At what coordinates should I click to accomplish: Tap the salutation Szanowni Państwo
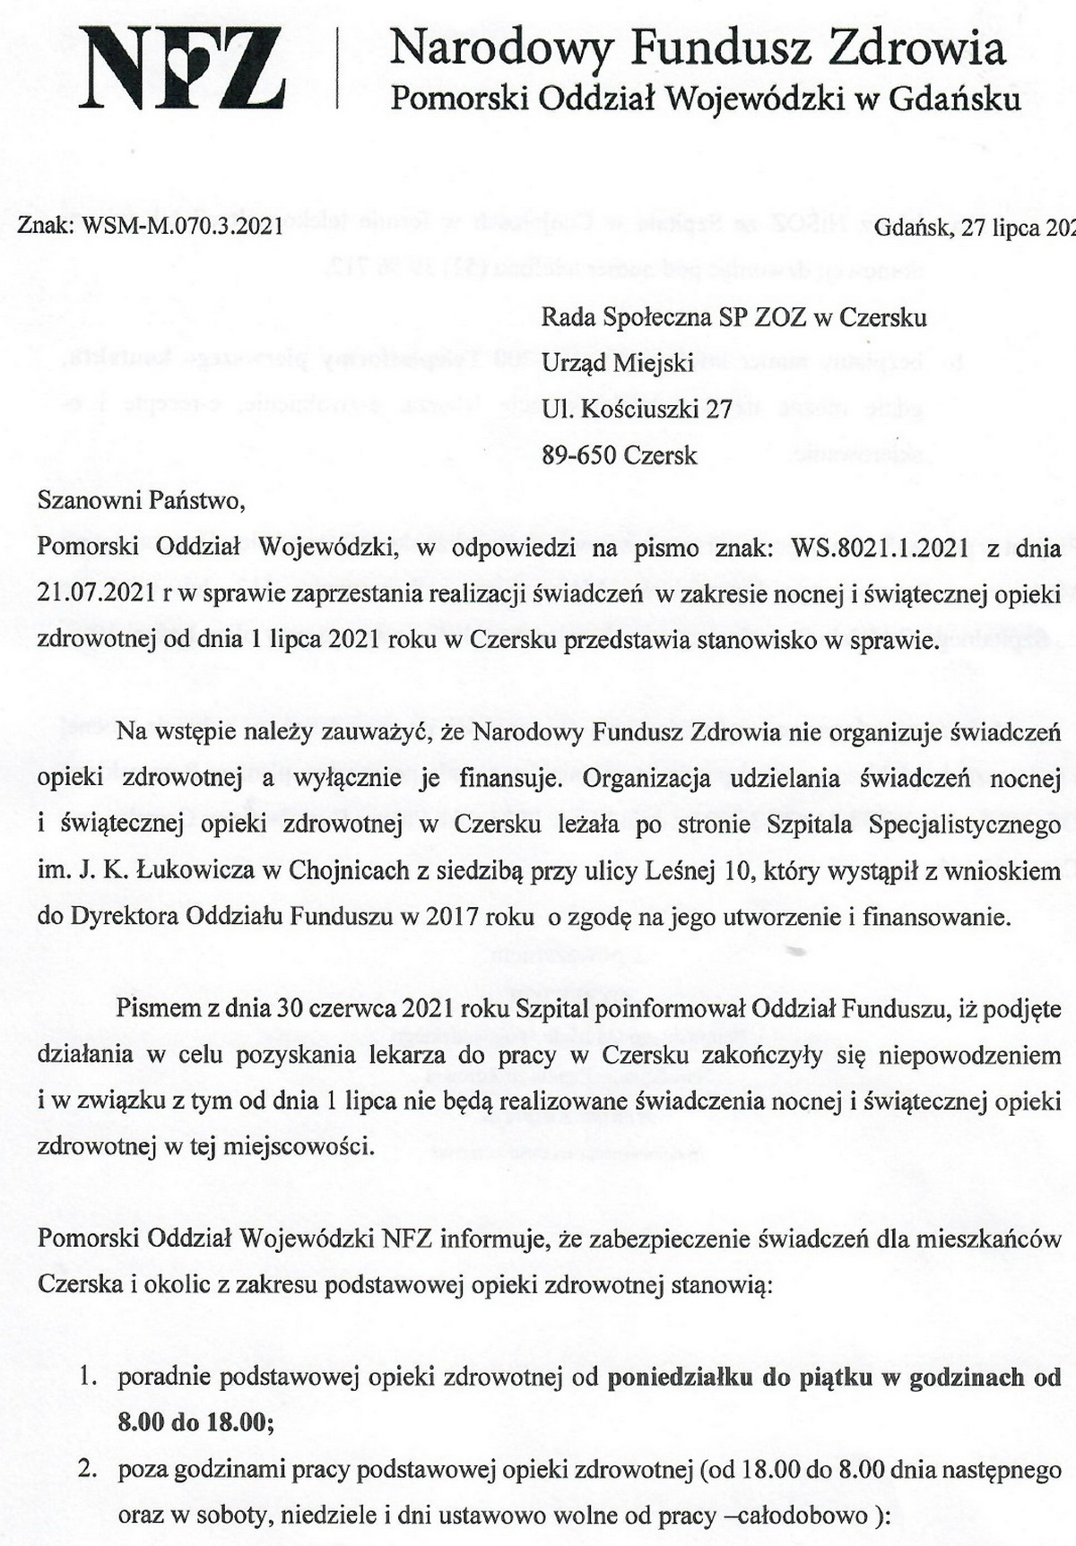tap(141, 499)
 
